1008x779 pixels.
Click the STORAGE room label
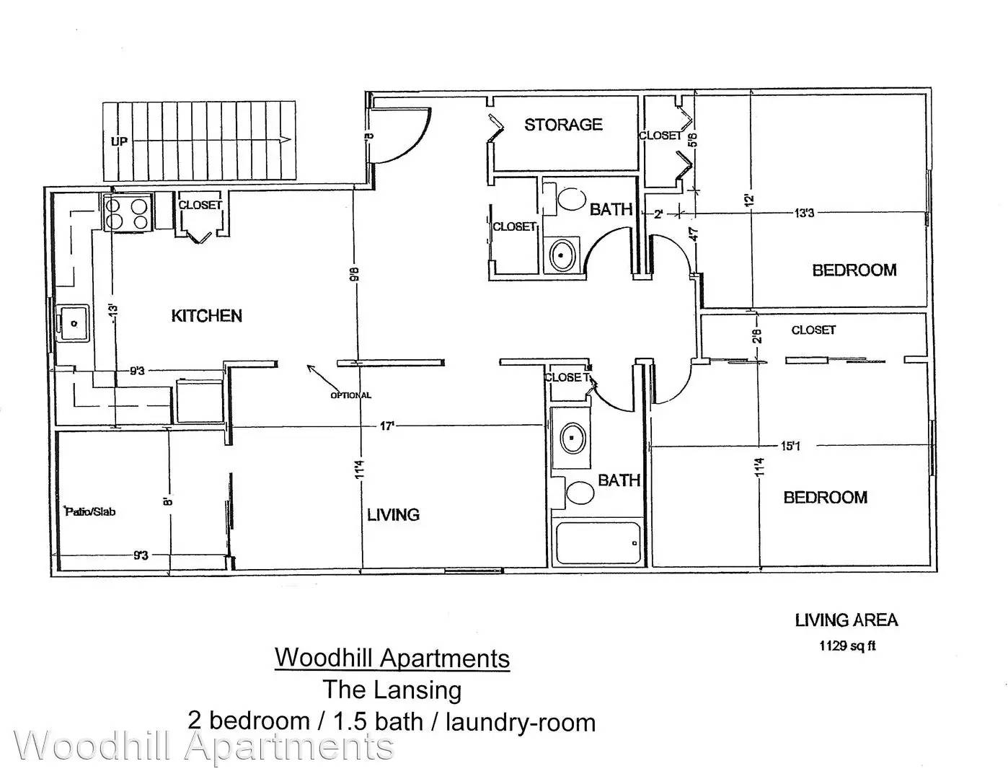coord(563,124)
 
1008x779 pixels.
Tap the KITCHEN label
coord(207,316)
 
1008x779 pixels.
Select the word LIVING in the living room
coord(394,514)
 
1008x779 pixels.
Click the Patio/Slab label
coord(89,511)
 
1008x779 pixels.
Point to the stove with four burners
coord(128,213)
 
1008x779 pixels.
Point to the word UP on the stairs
coord(119,141)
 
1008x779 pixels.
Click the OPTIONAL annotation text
coord(350,395)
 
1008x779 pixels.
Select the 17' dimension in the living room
coord(387,426)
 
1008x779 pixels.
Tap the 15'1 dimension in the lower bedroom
coord(791,446)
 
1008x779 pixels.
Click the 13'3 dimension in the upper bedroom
coord(805,213)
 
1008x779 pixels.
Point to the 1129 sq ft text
coord(847,646)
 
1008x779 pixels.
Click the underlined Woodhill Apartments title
coord(392,658)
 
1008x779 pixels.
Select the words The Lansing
coord(392,690)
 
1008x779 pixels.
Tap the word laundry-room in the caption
coord(521,723)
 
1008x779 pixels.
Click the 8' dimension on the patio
coord(169,501)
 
